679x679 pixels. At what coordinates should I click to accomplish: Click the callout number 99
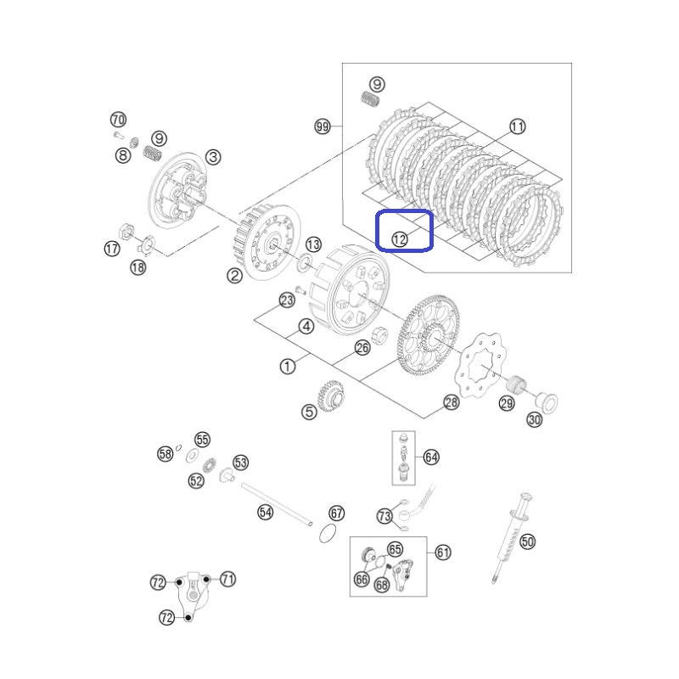[323, 126]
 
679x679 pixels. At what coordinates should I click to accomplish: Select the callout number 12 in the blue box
[399, 239]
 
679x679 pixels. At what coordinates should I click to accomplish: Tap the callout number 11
[517, 126]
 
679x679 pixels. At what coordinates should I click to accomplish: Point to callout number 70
[118, 120]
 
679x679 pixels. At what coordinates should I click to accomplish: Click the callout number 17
[112, 249]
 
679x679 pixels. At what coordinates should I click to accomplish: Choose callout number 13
[313, 244]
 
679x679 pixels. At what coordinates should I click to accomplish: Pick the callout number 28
[452, 402]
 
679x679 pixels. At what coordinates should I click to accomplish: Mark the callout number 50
[527, 542]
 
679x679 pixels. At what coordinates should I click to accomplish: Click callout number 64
[431, 457]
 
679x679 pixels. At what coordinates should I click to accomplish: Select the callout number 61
[442, 553]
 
